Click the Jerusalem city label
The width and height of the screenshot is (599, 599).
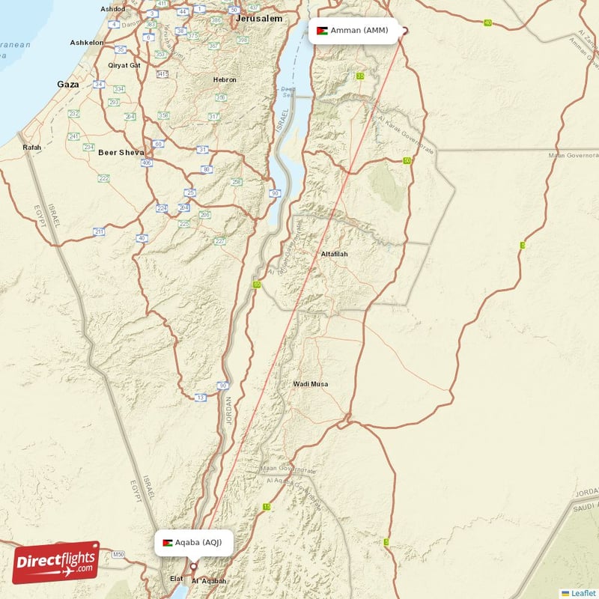tap(258, 18)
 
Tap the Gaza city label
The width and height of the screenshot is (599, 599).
tap(67, 85)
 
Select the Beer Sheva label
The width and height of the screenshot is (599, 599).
tap(121, 152)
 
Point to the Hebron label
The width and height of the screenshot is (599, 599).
tap(225, 79)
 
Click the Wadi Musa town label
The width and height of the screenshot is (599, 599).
tap(310, 384)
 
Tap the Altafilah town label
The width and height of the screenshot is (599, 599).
tap(334, 254)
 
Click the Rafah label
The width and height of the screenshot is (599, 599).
tap(31, 148)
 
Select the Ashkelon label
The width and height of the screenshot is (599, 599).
tap(86, 43)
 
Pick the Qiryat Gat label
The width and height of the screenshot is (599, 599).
tap(124, 65)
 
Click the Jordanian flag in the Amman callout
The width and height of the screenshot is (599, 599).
tap(322, 31)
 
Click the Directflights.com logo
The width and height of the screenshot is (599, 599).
tap(55, 562)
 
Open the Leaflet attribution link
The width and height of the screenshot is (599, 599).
tap(583, 592)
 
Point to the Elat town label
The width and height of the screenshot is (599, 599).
tap(177, 579)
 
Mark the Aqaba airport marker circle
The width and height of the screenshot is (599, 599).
tap(193, 565)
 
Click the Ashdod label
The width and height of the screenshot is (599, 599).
tap(113, 8)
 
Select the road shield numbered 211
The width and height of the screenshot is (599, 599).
tap(99, 232)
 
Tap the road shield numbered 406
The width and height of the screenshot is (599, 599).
tap(147, 162)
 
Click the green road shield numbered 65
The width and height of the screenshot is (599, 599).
tap(257, 285)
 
